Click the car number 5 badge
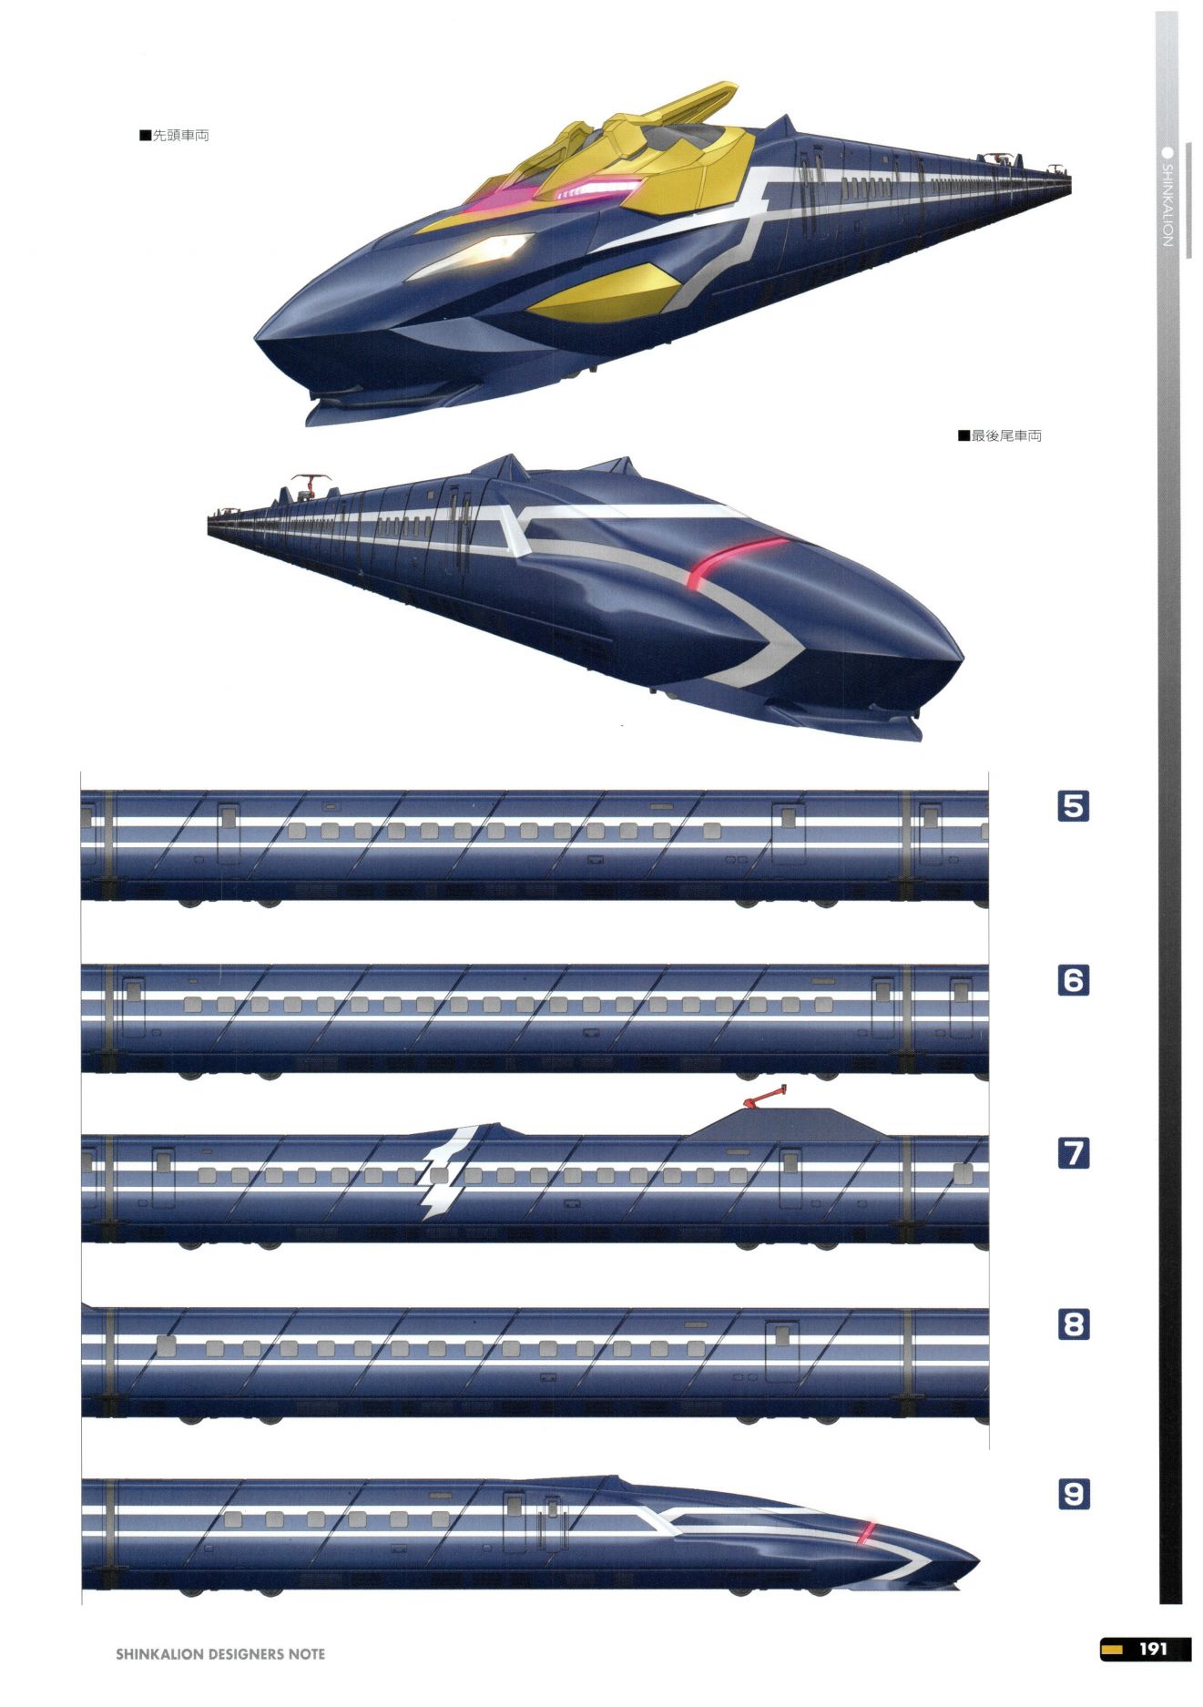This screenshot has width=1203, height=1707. pos(1074,806)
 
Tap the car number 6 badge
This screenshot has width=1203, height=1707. pos(1074,980)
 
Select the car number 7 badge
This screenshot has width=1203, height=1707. pos(1074,1153)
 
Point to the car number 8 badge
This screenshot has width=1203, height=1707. pos(1074,1324)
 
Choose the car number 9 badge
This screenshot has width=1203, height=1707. pos(1074,1494)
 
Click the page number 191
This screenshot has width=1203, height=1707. pos(1153,1649)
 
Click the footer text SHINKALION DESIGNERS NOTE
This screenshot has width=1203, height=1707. pos(220,1653)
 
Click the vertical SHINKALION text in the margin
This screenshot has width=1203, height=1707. pos(1167,205)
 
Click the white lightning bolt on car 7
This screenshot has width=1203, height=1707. pos(446,1171)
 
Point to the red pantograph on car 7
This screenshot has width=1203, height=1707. pos(764,1096)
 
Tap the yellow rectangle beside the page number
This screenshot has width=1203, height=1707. pos(1111,1649)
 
